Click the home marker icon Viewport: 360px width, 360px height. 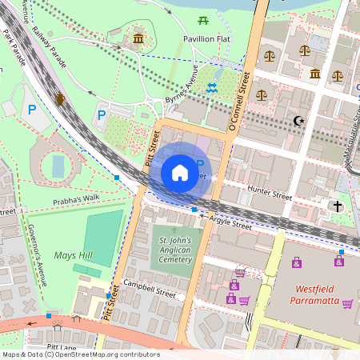pyautogui.click(x=179, y=173)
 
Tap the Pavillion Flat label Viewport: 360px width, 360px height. pyautogui.click(x=206, y=38)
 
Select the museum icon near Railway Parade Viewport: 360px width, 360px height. pyautogui.click(x=138, y=38)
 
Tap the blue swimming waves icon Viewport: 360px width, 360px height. pyautogui.click(x=212, y=88)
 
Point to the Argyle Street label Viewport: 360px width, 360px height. pyautogui.click(x=230, y=222)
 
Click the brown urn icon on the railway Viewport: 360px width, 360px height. pyautogui.click(x=61, y=98)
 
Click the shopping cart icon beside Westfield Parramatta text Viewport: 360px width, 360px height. pyautogui.click(x=347, y=303)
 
